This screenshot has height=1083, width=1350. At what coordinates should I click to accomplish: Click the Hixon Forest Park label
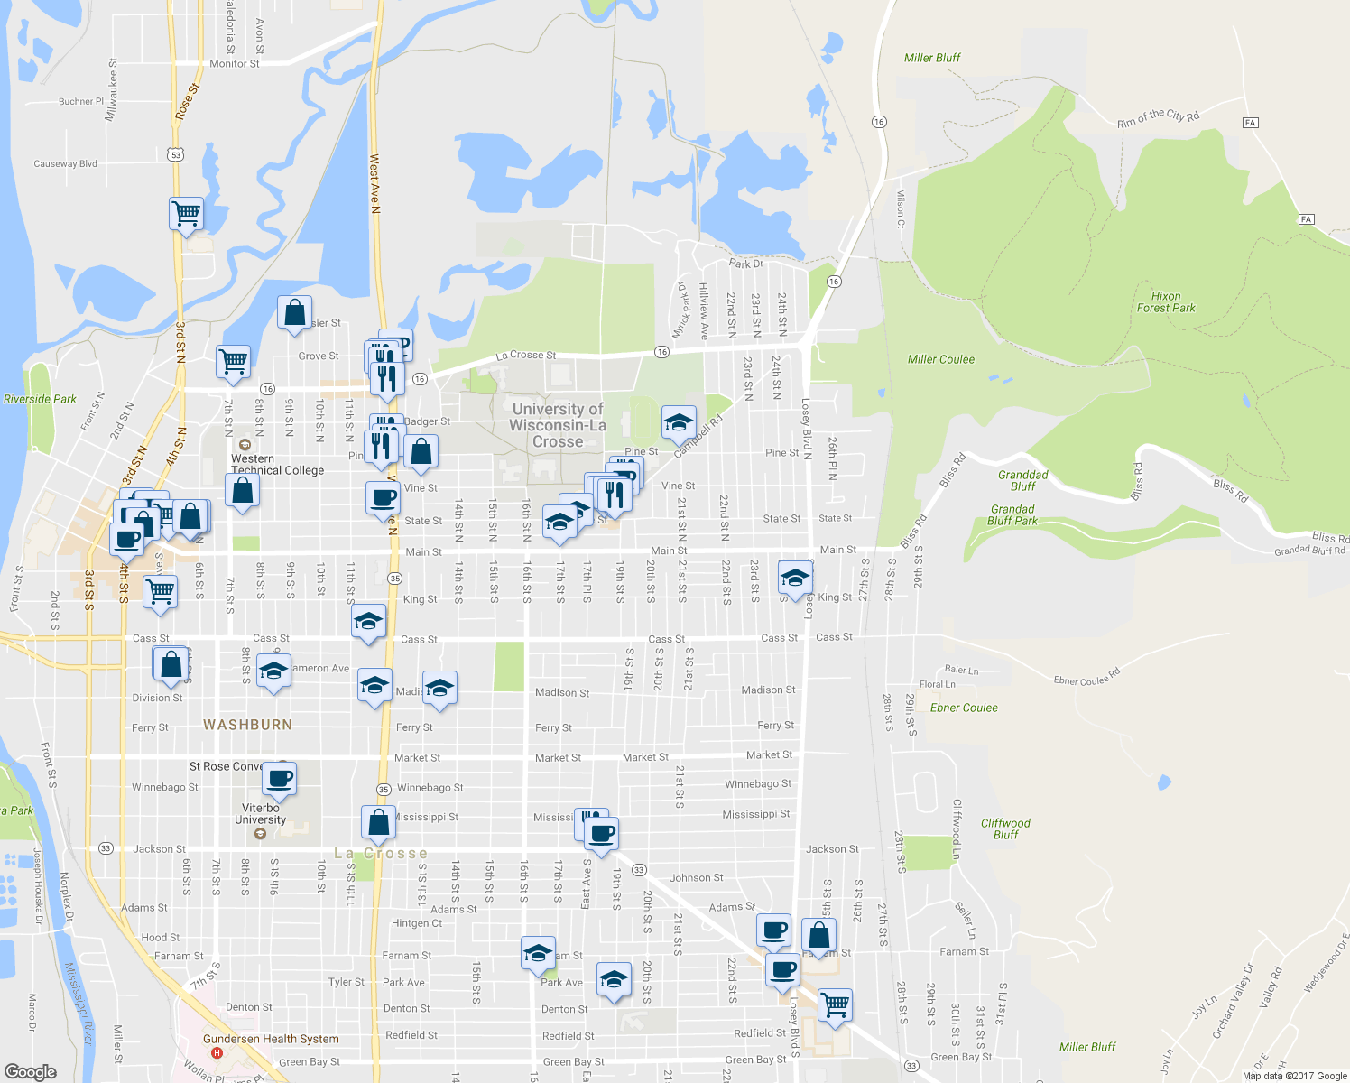click(1166, 302)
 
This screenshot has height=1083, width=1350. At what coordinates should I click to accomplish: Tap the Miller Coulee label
click(941, 359)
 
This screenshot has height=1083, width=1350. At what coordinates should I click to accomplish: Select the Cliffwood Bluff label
click(1005, 828)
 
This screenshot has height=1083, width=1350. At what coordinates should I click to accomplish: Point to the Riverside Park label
click(40, 399)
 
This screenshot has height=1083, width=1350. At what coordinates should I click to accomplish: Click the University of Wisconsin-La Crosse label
click(558, 425)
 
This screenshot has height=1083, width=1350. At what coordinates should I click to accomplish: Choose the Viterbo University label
click(260, 814)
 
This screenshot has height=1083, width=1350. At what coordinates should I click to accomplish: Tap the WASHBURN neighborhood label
click(247, 725)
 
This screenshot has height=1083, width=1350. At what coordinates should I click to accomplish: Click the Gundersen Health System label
click(271, 1039)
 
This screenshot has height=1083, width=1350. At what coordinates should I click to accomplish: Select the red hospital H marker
click(216, 1052)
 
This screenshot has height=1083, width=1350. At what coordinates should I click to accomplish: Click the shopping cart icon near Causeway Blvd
click(186, 214)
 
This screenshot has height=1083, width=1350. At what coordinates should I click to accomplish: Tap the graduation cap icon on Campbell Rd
click(679, 422)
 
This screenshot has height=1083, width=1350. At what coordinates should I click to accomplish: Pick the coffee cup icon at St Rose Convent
click(280, 777)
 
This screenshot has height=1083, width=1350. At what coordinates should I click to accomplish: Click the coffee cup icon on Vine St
click(383, 497)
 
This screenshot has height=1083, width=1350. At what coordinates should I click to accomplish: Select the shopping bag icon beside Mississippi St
click(379, 822)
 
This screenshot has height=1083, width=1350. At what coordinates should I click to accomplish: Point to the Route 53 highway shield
click(176, 155)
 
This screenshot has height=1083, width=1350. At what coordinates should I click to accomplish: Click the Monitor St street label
click(234, 64)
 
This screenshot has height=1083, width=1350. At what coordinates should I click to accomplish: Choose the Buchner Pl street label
click(81, 102)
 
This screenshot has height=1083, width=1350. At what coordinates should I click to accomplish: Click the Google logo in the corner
click(30, 1071)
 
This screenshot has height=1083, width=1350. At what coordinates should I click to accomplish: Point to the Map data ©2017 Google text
click(1294, 1076)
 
